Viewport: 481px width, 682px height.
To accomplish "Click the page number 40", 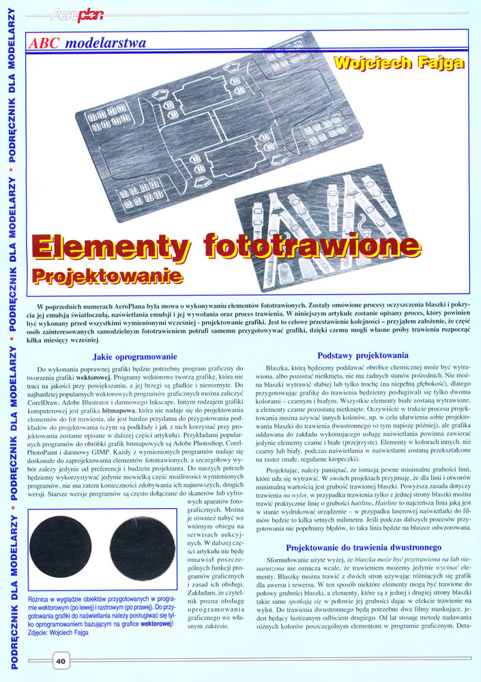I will pos(60,659).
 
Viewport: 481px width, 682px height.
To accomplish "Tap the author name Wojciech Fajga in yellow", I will pos(399,63).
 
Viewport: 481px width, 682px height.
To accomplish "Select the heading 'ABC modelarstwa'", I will pos(87,43).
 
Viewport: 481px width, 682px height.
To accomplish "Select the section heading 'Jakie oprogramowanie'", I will pos(134,356).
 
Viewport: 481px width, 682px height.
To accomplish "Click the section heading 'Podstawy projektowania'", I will pos(363,355).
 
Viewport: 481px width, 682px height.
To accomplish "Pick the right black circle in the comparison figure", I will pos(143,547).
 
